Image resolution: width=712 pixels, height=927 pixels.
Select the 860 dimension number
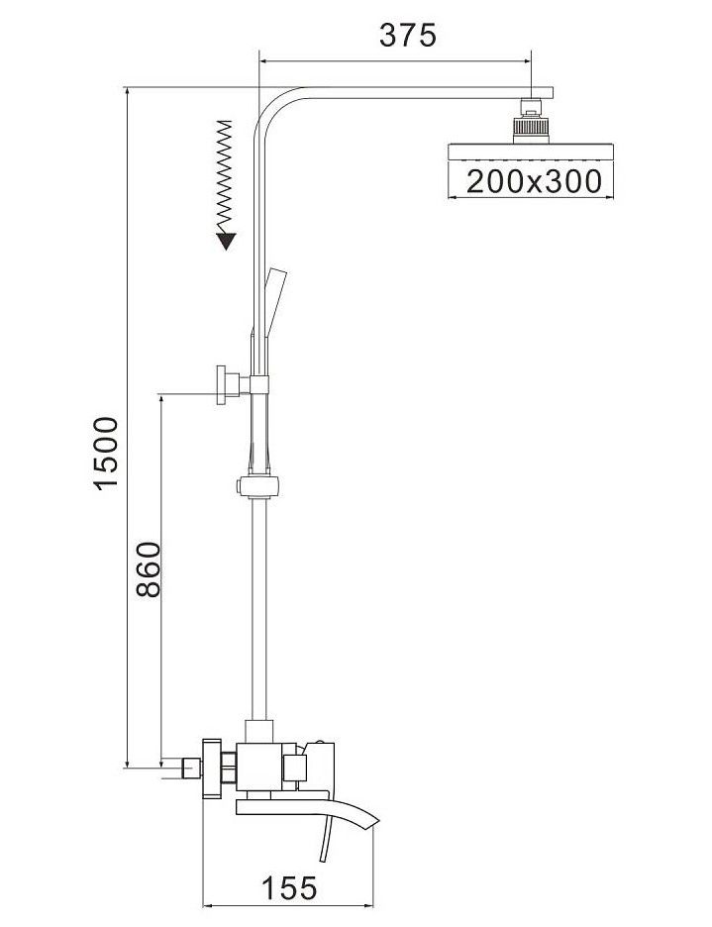tap(147, 568)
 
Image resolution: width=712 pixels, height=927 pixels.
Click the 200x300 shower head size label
tap(533, 180)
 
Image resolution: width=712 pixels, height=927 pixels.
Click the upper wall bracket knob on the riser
tap(223, 382)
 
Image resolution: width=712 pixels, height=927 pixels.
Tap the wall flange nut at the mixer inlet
tap(212, 769)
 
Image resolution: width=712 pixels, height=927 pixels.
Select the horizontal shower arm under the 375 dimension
tap(416, 92)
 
